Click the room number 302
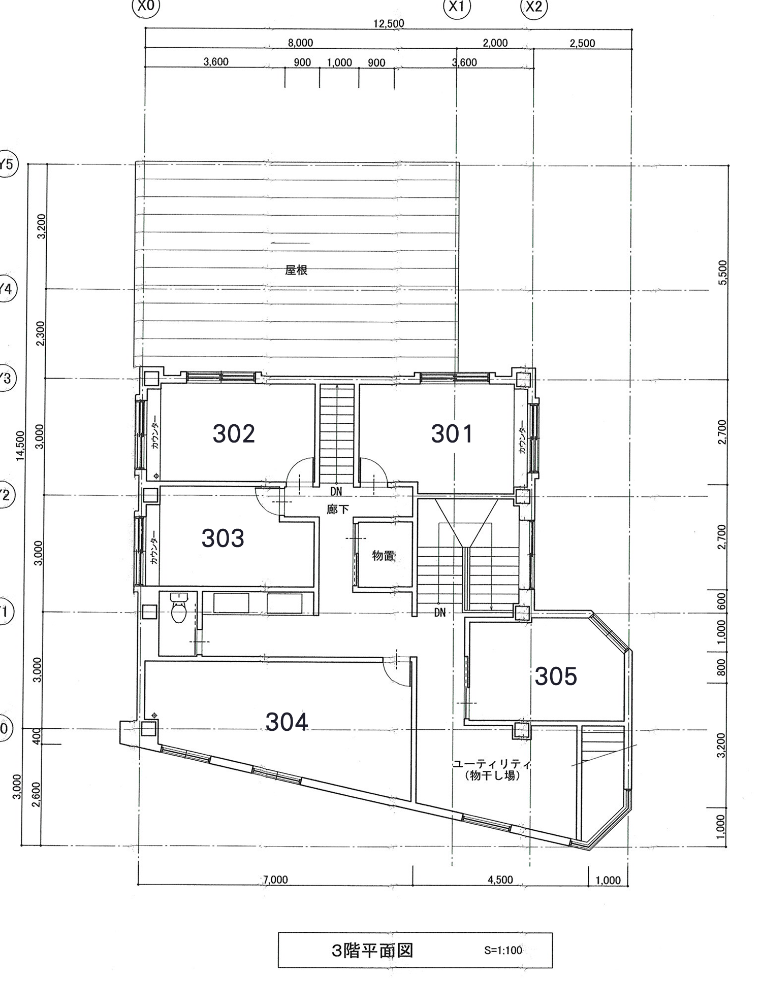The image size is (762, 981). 234,434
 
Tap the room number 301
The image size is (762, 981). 452,434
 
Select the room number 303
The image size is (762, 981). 223,538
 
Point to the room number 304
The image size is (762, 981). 287,722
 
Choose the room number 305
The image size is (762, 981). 556,676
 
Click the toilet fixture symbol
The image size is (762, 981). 178,608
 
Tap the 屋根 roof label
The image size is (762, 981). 296,270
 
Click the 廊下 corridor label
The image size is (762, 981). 338,509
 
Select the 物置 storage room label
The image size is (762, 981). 384,556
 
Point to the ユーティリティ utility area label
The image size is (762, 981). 492,764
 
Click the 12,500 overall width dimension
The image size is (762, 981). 389,23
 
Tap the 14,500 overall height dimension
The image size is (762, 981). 20,446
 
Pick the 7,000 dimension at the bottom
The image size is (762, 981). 276,880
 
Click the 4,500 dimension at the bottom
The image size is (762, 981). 500,880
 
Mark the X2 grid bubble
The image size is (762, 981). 534,7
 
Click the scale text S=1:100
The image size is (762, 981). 503,950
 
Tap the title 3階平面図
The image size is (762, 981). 372,950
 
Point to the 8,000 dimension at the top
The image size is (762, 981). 301,43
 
